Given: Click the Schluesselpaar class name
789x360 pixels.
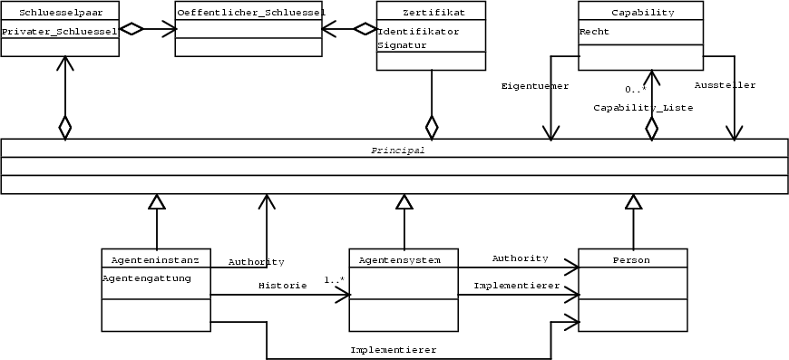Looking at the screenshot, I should [60, 13].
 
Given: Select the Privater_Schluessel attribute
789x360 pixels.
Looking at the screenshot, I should [60, 31].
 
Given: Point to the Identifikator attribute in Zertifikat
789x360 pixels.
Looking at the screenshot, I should [418, 31].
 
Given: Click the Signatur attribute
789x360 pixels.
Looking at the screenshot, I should [401, 45].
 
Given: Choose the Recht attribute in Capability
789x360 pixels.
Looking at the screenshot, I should [594, 31].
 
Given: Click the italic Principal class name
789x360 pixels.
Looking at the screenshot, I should [397, 150].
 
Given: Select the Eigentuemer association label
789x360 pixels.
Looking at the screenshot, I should [535, 86].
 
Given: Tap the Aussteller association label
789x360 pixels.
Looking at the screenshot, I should [725, 85].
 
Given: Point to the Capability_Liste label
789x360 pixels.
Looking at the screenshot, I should [643, 108].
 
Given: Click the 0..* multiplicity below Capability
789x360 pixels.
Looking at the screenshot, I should [635, 89].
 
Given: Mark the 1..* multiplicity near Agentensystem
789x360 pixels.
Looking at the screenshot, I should [334, 279].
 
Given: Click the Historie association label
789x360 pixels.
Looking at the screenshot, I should [277, 285].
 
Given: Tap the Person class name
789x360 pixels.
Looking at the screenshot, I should [631, 260].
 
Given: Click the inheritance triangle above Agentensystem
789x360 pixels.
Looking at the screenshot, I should [404, 202].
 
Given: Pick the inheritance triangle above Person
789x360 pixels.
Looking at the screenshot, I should [632, 202].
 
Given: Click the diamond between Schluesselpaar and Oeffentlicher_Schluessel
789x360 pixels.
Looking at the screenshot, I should [132, 29].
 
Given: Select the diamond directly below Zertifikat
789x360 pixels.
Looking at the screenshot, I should [432, 126].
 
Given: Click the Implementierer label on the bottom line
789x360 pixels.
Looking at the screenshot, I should [394, 349].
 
